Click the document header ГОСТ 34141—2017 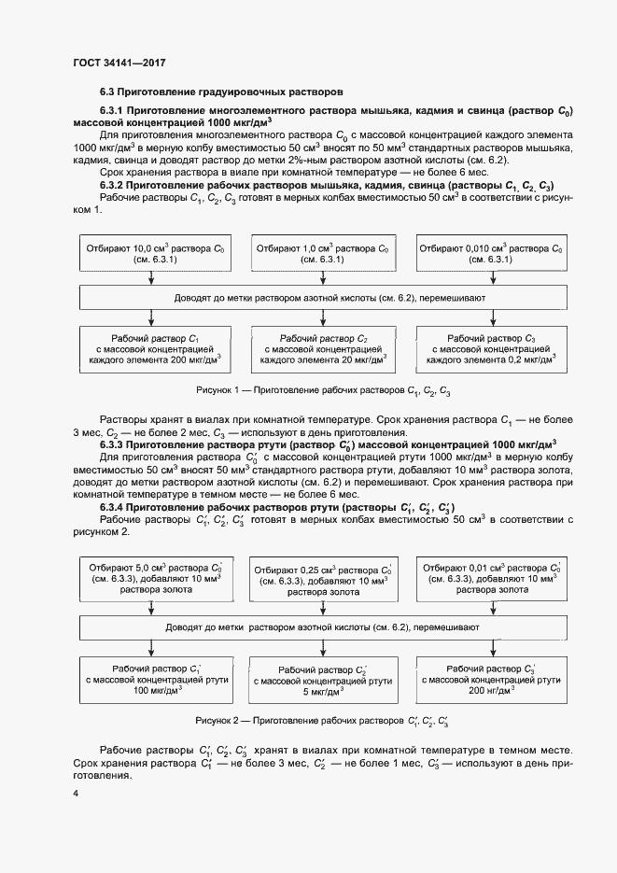[x=119, y=63]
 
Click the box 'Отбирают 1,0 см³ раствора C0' [x=321, y=255]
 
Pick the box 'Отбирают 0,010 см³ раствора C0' [x=491, y=255]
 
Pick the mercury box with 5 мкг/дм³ [x=323, y=682]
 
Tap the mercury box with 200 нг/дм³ [x=491, y=680]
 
